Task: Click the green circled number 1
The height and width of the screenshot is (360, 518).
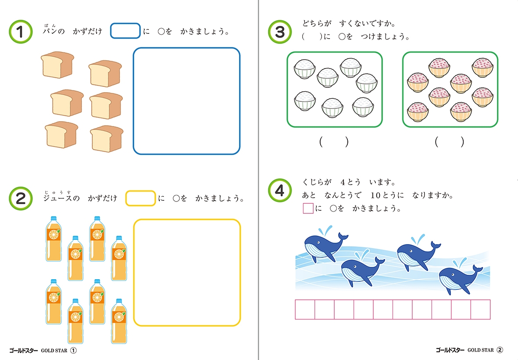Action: click(21, 32)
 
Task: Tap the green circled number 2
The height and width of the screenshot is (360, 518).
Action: click(21, 198)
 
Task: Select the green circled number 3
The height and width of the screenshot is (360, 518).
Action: click(280, 32)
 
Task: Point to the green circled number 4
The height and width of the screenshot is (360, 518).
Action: click(280, 191)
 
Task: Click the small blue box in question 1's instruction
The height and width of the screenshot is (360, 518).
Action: click(125, 31)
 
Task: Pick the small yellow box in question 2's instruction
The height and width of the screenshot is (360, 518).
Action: click(140, 198)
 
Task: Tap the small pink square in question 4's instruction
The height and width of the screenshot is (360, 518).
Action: click(308, 208)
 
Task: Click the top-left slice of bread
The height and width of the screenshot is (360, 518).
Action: click(57, 65)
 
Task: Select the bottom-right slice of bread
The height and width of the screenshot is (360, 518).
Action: click(107, 139)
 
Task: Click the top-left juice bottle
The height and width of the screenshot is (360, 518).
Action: click(54, 239)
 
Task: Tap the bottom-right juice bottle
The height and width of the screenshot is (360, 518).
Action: click(119, 321)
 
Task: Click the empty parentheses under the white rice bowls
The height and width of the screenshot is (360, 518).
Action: click(334, 142)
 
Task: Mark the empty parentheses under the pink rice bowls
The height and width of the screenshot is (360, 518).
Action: click(450, 142)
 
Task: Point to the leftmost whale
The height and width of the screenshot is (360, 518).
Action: click(325, 245)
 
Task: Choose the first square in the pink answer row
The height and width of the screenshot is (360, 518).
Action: click(305, 310)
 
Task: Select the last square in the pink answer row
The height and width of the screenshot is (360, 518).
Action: click(481, 310)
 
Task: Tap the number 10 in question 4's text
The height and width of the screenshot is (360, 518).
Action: click(375, 195)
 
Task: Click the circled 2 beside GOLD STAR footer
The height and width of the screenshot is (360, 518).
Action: click(500, 350)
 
